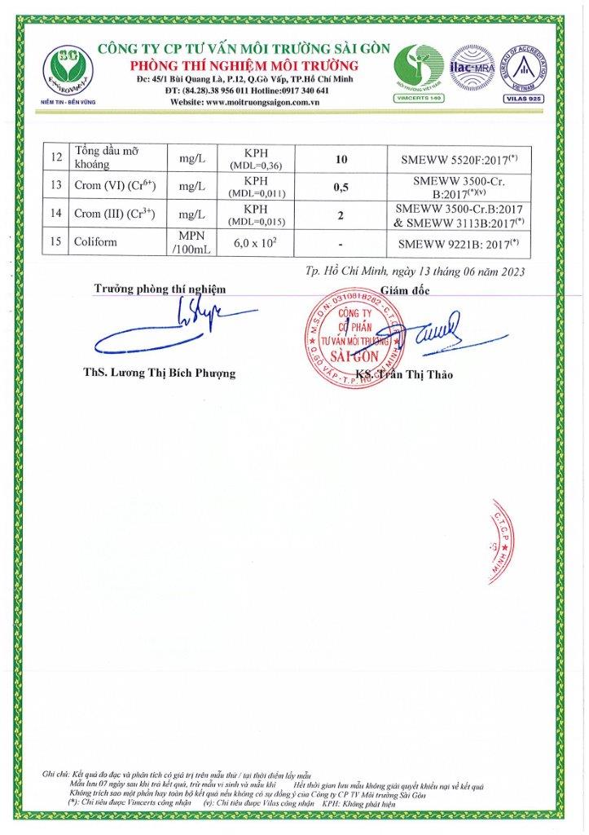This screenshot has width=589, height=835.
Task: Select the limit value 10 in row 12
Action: [341, 159]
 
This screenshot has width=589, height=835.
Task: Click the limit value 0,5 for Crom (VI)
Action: [341, 187]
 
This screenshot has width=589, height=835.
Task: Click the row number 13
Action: [55, 187]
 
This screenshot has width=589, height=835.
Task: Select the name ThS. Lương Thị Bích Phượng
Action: [159, 373]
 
